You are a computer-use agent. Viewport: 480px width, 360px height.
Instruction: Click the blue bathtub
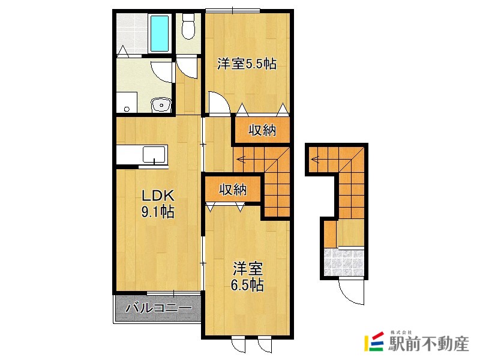click(x=160, y=34)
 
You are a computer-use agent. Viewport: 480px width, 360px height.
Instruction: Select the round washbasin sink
click(x=161, y=105)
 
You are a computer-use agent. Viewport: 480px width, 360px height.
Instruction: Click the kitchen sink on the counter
click(x=155, y=154)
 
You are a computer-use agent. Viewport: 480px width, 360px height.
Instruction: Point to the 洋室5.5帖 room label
click(x=247, y=64)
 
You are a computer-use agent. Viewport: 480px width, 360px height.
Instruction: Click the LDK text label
click(x=157, y=196)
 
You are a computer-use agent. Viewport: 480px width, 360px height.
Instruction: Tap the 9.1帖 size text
click(x=158, y=211)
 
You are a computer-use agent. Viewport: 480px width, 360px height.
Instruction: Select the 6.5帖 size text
click(x=247, y=286)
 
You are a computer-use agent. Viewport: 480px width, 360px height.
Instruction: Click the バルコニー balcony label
click(x=158, y=308)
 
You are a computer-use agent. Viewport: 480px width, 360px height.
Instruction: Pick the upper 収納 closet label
click(x=262, y=130)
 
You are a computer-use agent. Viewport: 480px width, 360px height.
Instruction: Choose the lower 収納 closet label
click(x=233, y=190)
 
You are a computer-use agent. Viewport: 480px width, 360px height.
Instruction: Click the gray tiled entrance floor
click(x=343, y=262)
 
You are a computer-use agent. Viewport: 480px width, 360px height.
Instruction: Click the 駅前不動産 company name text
click(x=429, y=344)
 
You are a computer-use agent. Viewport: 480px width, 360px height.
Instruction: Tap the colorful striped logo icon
click(x=374, y=341)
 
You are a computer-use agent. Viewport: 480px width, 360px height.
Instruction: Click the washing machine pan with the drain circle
click(x=127, y=102)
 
